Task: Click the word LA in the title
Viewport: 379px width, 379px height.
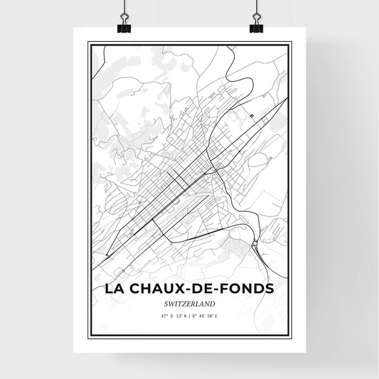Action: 114,289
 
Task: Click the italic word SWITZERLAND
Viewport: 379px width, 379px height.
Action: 189,304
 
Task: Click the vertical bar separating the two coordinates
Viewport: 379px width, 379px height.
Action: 189,316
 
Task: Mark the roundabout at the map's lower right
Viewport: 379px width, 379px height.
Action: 255,245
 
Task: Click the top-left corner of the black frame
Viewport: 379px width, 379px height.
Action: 88,43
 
